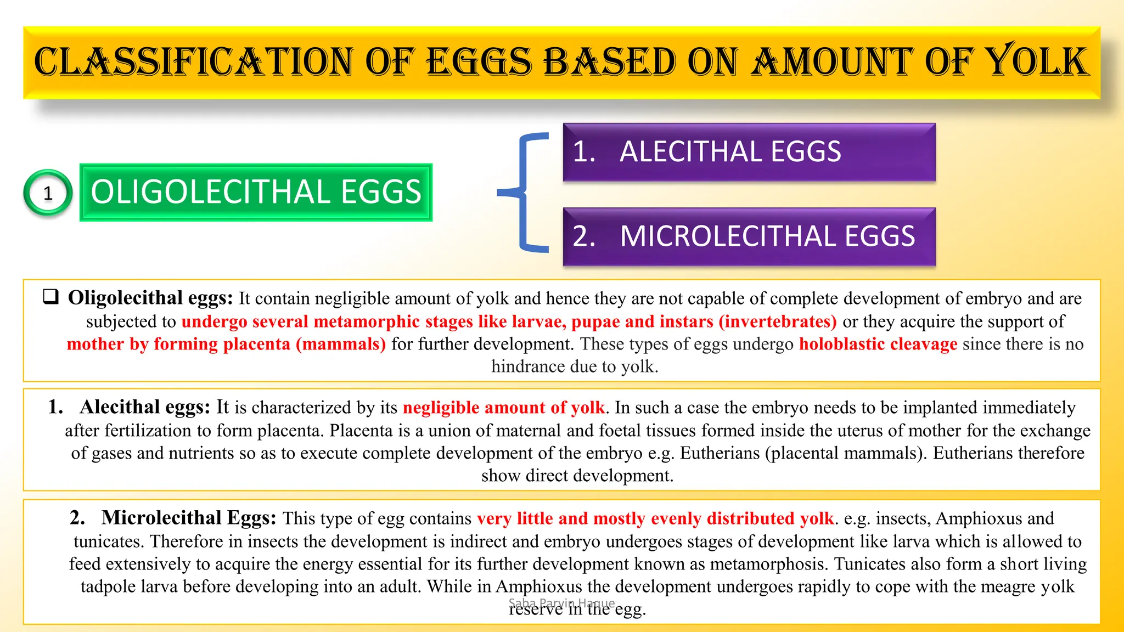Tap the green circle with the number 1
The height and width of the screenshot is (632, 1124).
(48, 193)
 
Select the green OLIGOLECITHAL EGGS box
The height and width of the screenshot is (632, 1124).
(256, 193)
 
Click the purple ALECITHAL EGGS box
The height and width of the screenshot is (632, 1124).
(749, 152)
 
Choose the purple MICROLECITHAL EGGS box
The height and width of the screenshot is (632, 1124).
(749, 236)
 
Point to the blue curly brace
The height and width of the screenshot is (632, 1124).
(524, 193)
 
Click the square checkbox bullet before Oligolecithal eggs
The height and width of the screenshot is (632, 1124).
(51, 297)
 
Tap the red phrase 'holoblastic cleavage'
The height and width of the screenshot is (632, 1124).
(878, 344)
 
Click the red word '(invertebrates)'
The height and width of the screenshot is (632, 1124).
(778, 321)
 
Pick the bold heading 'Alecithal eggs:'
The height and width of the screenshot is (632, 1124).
(145, 407)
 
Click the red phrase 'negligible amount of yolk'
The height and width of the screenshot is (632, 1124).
(503, 408)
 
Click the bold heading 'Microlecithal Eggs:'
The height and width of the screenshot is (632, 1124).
(189, 518)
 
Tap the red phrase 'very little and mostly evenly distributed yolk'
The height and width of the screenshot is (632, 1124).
(655, 518)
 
